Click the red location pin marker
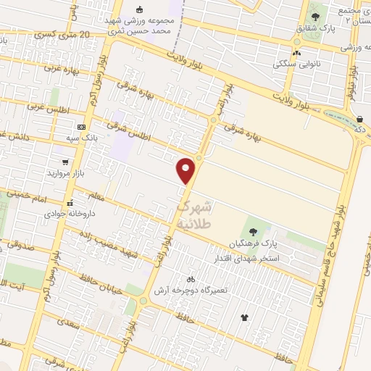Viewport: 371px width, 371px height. (186, 171)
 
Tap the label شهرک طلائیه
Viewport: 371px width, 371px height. (195, 215)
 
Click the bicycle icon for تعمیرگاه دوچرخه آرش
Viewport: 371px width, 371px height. (191, 279)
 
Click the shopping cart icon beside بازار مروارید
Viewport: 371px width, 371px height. (66, 163)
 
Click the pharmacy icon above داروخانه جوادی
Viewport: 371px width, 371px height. (70, 203)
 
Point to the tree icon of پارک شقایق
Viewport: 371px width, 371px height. (314, 15)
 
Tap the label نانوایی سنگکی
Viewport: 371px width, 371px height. (295, 64)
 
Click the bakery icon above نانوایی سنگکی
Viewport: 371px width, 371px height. (296, 53)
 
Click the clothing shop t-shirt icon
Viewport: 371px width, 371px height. (243, 317)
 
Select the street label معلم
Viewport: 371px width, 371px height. (95, 194)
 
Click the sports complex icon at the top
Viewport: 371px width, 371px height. (141, 9)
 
